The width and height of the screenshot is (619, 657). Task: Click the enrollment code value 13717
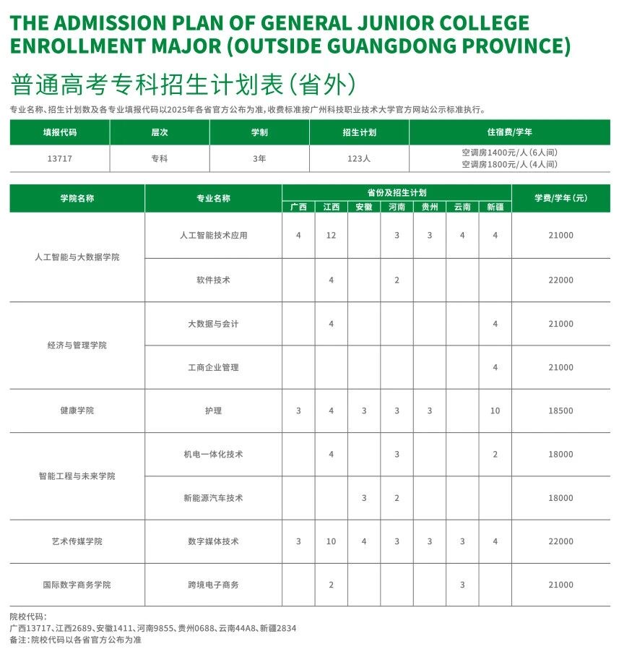point(59,158)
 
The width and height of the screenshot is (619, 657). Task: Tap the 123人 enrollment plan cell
point(358,158)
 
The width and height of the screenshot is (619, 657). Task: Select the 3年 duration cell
point(259,158)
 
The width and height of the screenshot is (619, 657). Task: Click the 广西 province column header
point(298,207)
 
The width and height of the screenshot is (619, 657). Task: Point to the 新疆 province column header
point(495,207)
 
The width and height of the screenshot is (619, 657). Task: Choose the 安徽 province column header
point(364,207)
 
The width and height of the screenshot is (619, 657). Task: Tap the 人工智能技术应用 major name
point(213,236)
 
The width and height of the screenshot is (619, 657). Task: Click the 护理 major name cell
point(213,411)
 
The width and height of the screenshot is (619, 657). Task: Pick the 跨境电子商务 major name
point(213,585)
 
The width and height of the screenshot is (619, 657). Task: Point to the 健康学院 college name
point(77,411)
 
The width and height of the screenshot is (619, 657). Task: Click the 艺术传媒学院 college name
point(77,541)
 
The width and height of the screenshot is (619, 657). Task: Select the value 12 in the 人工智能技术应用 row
point(331,236)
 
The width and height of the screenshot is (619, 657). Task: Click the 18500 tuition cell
point(560,411)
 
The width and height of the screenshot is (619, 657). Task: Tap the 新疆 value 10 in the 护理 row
point(495,411)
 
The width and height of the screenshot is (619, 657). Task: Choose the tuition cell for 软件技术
point(560,280)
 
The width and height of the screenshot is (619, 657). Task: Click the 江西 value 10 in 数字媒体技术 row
point(331,541)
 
